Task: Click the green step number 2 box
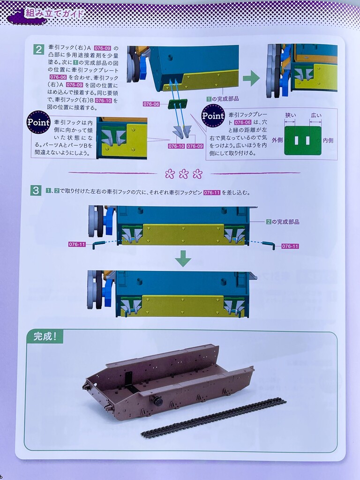38,49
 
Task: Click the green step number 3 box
36,190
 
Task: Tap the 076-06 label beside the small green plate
151,104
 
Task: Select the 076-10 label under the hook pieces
176,146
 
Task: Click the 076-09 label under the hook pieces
195,146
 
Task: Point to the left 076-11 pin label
77,244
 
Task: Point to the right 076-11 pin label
290,246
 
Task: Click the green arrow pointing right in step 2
251,79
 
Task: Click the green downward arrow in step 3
183,259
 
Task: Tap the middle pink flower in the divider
184,174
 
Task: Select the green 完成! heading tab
45,337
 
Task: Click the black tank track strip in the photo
214,417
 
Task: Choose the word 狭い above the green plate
290,115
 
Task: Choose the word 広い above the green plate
316,115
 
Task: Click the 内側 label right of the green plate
328,140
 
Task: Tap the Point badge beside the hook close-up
38,122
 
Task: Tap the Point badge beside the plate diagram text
213,116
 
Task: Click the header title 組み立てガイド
54,13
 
